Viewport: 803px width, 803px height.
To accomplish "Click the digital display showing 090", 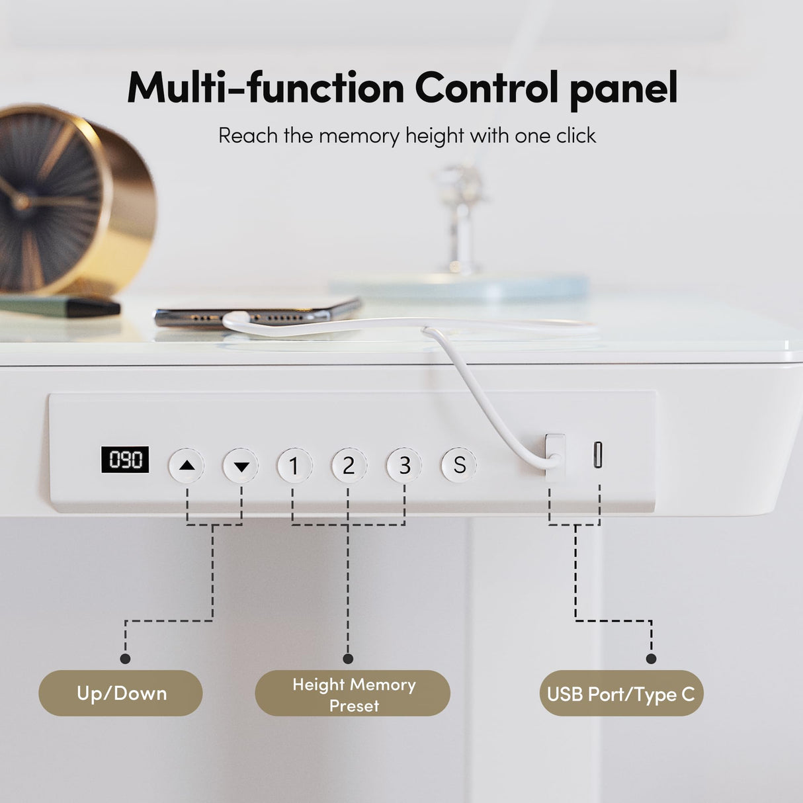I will [x=125, y=460].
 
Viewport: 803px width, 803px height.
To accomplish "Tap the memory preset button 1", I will [x=294, y=466].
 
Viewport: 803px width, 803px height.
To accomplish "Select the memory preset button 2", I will [x=349, y=466].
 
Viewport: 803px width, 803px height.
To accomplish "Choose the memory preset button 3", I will [x=404, y=466].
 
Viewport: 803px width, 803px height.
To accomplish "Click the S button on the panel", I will [x=459, y=465].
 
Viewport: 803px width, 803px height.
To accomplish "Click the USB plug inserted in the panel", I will [x=555, y=451].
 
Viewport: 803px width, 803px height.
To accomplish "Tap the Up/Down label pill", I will [x=121, y=693].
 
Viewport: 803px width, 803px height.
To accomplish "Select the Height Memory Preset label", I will [x=353, y=694].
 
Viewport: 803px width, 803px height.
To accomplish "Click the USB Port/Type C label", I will [x=620, y=695].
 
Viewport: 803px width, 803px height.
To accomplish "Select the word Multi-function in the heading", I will [x=265, y=87].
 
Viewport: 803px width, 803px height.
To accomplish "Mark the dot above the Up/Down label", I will [x=125, y=658].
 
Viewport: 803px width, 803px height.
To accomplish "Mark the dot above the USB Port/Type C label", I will [x=651, y=658].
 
